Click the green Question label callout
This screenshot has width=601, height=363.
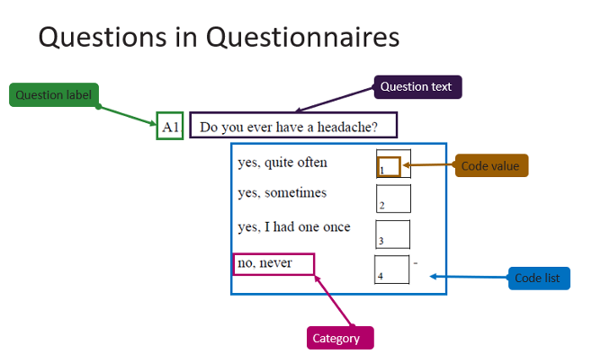[x=54, y=94]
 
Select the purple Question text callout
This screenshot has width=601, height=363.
[x=417, y=87]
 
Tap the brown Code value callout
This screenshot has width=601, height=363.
[x=492, y=165]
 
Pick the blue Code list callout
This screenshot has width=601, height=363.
[x=539, y=278]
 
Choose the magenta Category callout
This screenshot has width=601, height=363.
[x=340, y=338]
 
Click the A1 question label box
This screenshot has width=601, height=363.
[x=170, y=126]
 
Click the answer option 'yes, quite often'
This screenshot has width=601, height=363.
[x=283, y=163]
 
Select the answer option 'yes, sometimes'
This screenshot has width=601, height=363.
[x=283, y=193]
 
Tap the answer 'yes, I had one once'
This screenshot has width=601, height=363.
[x=294, y=227]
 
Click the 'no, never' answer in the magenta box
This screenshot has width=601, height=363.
[x=265, y=263]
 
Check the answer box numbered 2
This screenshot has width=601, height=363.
[x=393, y=199]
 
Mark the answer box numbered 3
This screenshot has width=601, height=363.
[x=392, y=235]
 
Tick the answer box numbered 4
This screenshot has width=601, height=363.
[x=391, y=270]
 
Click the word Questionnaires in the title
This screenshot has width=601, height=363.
[x=303, y=37]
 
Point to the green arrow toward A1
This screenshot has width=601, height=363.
[x=127, y=115]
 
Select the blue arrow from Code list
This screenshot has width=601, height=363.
[x=469, y=277]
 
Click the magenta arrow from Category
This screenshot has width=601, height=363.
[x=333, y=301]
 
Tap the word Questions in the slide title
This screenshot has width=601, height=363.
[x=103, y=38]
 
